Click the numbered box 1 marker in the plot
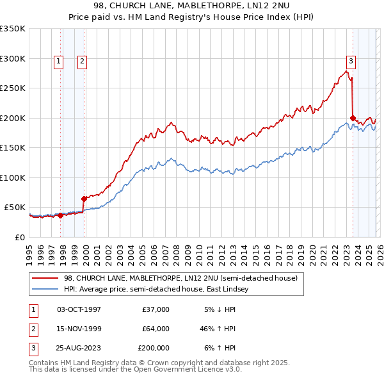tap(58, 62)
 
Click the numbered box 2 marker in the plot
tap(83, 62)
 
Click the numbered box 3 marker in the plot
tap(351, 62)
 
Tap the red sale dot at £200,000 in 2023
tap(353, 118)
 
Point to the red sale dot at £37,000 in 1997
tap(61, 215)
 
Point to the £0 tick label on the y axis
tap(20, 237)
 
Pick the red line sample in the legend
tap(46, 279)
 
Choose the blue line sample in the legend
tap(46, 290)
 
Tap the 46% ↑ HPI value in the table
tap(218, 329)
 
